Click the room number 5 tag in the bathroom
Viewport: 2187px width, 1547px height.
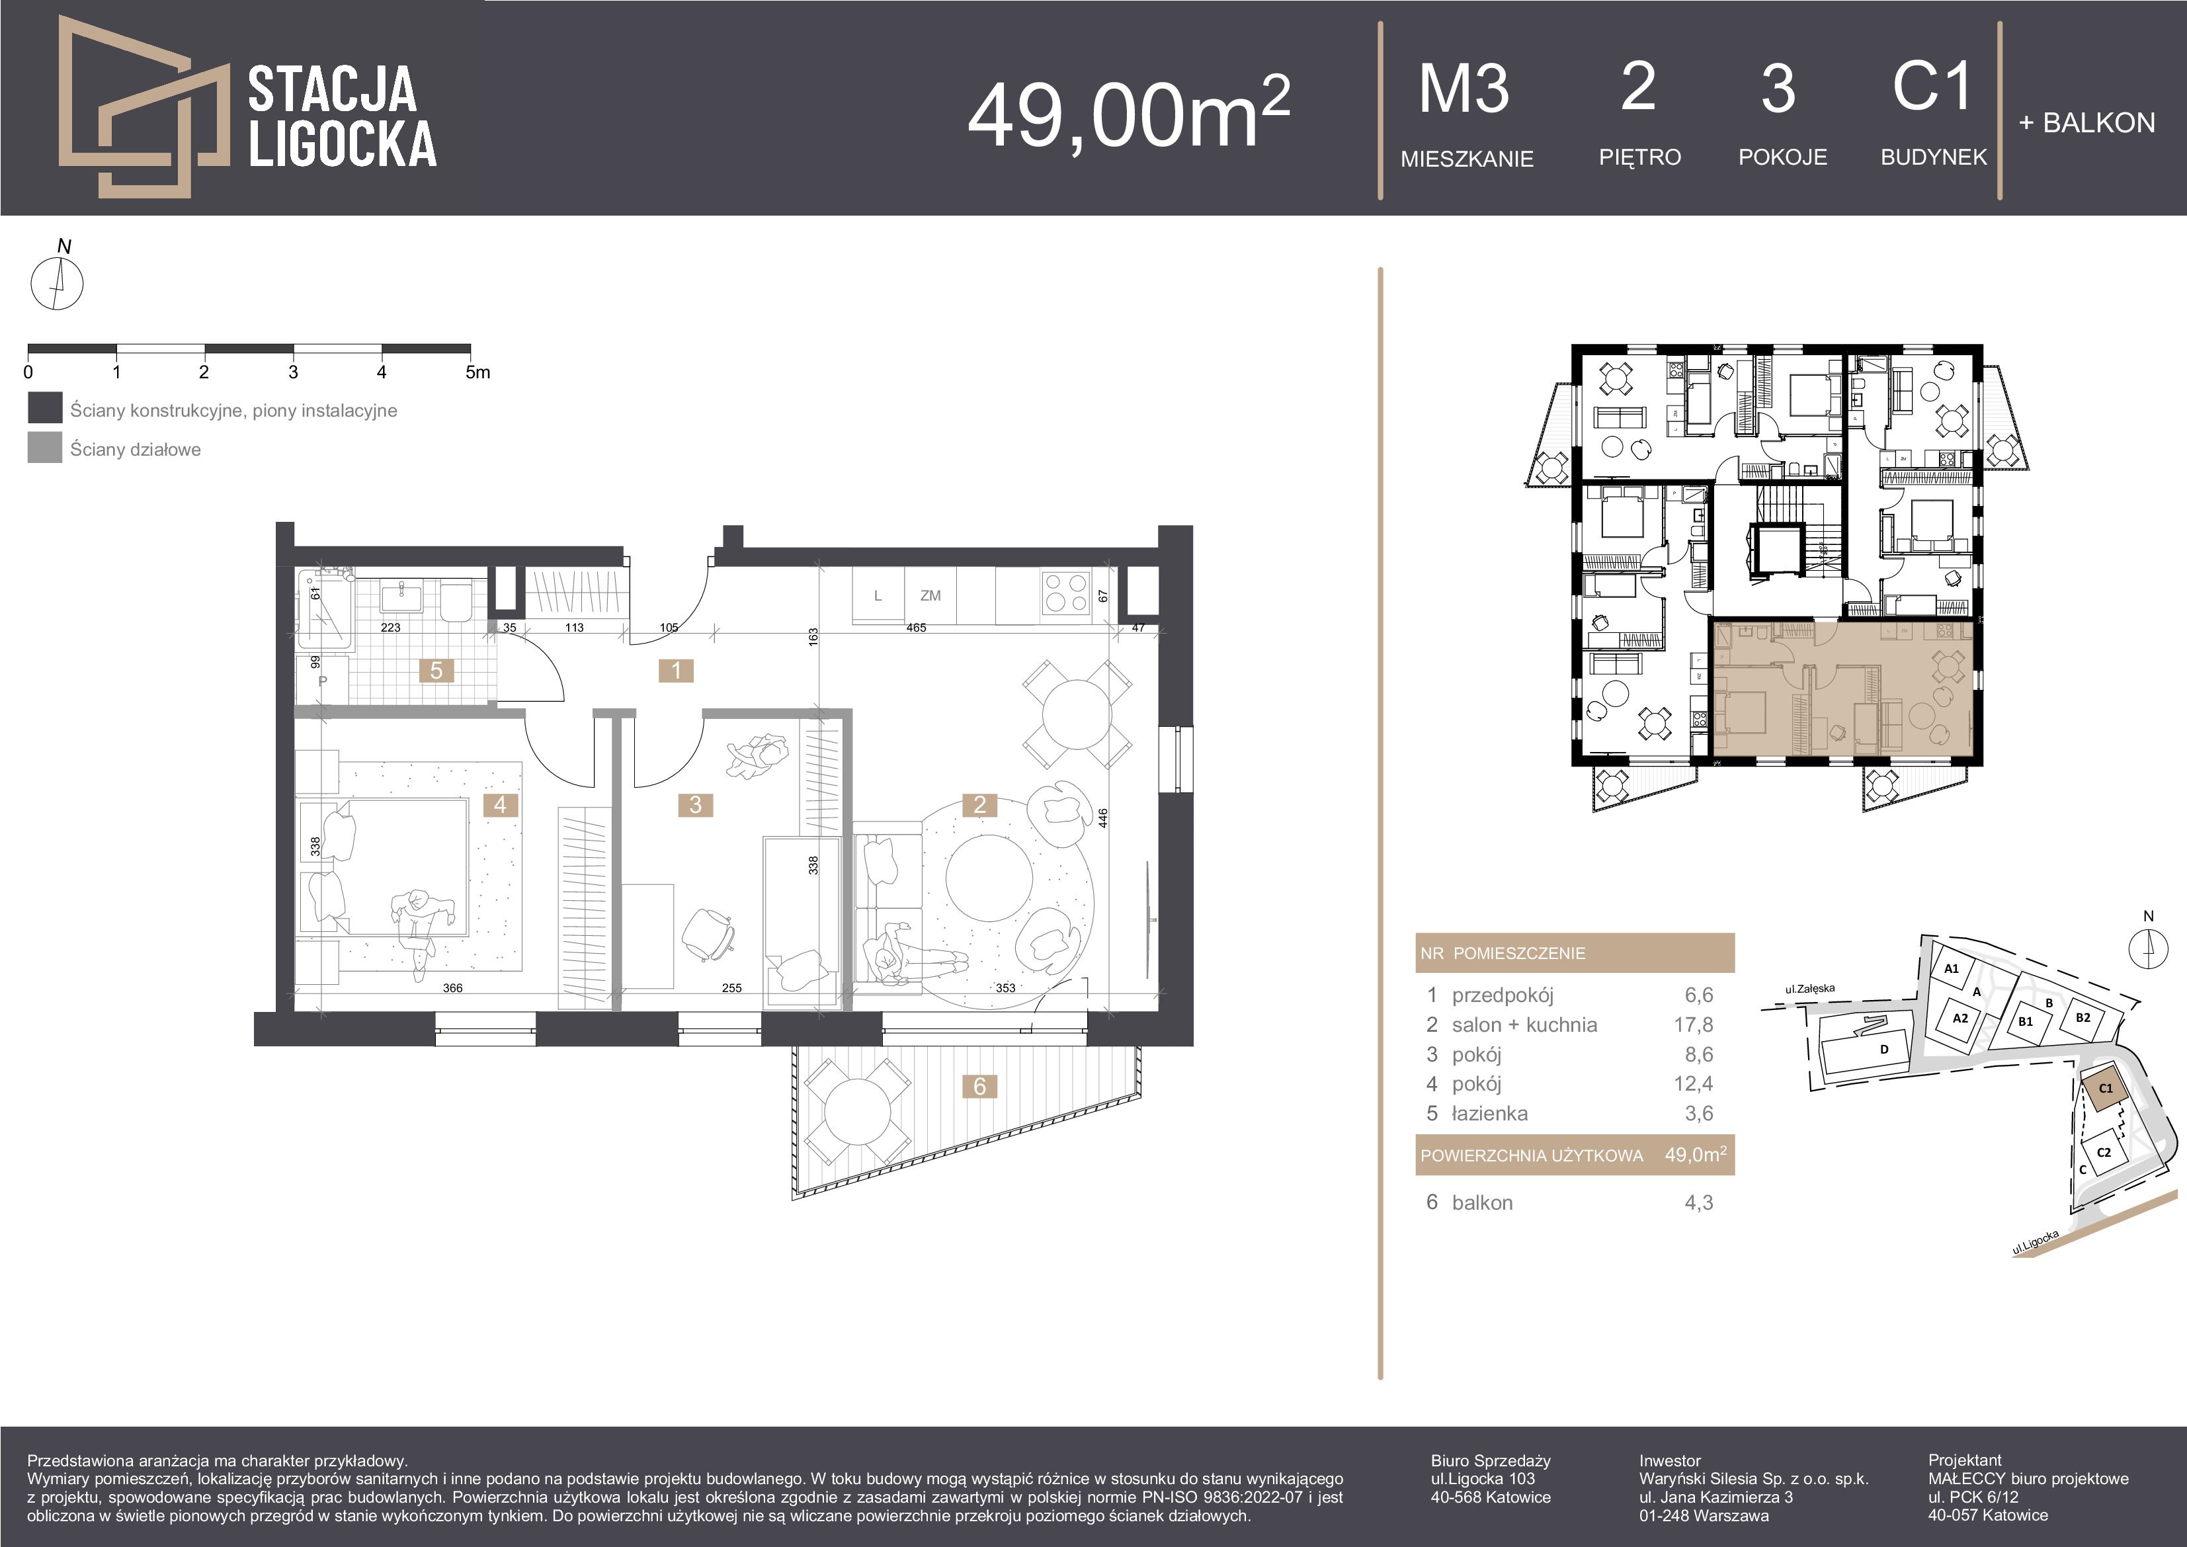436,671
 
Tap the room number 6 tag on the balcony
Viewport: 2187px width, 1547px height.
979,1086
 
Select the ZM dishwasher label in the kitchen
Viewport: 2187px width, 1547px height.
930,595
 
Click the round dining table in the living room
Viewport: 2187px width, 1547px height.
1077,714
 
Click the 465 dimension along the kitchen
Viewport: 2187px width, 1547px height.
917,628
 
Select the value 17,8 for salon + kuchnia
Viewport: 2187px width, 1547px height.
1698,1025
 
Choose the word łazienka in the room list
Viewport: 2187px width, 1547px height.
1490,1114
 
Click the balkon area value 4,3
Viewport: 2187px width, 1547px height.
1698,1202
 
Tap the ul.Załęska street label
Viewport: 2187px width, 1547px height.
1810,989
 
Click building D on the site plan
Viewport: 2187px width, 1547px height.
1883,1050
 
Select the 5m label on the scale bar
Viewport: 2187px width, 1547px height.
477,372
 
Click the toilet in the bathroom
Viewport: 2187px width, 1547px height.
454,601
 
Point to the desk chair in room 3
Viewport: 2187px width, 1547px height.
709,932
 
